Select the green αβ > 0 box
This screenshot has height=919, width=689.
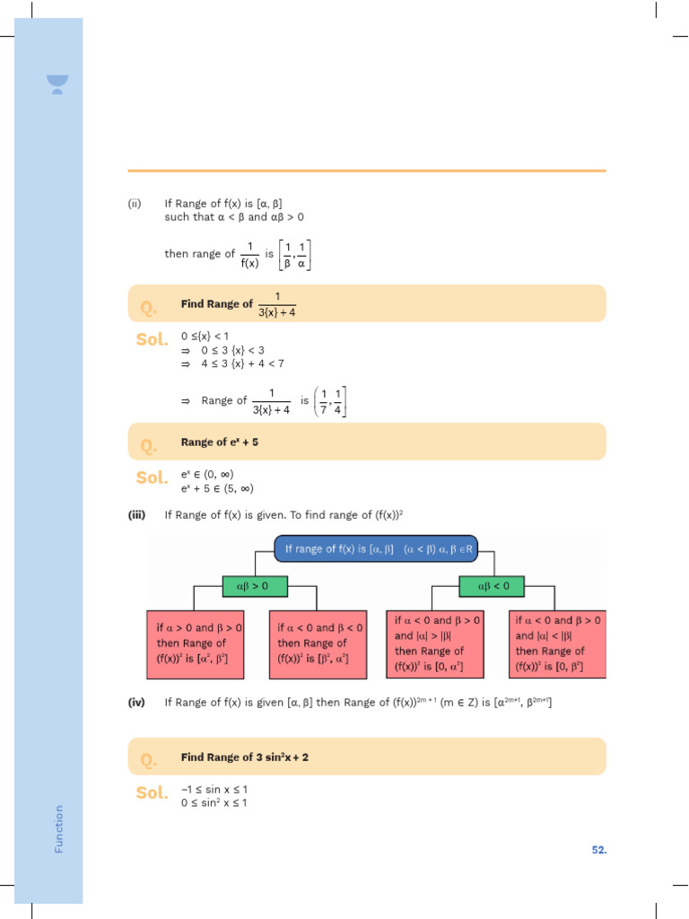pos(252,586)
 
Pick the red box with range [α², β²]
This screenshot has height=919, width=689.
pos(195,643)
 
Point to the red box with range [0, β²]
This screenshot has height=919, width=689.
pos(559,643)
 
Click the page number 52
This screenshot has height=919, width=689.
pos(598,849)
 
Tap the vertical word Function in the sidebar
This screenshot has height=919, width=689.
pos(59,827)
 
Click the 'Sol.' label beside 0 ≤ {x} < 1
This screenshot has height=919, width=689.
pos(152,340)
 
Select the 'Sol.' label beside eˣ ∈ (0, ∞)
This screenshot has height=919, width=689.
pos(152,478)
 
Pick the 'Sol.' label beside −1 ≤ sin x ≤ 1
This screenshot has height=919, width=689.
pos(152,792)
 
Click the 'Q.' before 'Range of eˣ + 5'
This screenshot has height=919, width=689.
pos(149,444)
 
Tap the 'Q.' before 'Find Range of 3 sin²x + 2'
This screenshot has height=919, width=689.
pos(149,759)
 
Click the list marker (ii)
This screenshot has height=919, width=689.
pos(135,203)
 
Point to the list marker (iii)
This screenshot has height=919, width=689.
pos(136,514)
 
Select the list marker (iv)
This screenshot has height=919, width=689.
pos(136,703)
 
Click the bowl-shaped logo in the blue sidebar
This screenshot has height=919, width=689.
pos(58,84)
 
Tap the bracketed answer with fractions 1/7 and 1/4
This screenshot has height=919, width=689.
pos(332,401)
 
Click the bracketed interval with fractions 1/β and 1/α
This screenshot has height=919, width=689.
pos(295,254)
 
